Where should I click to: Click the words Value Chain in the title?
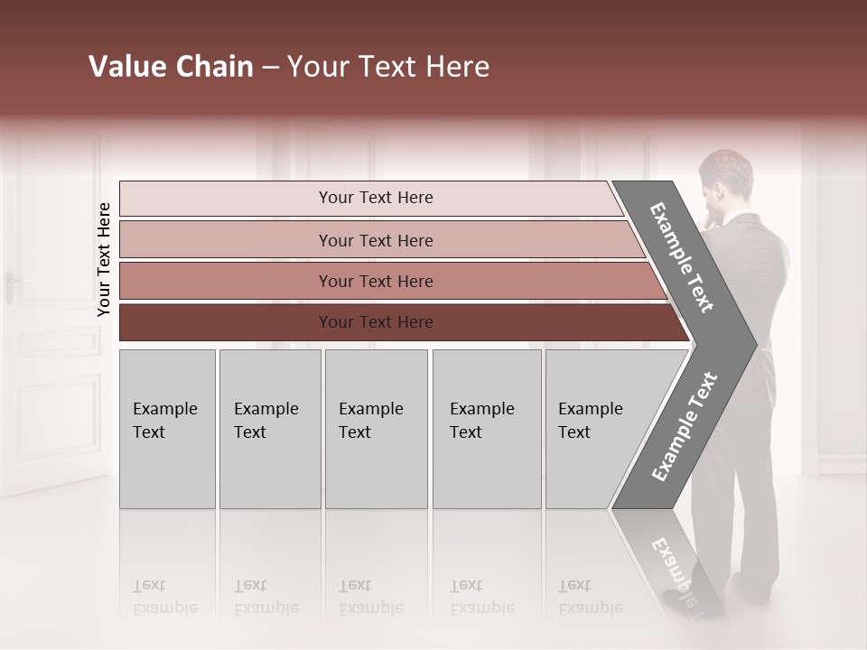[171, 67]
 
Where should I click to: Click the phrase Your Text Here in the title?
[388, 67]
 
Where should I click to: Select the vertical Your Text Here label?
[104, 259]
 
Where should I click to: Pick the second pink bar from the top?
[376, 240]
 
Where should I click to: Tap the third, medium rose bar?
[376, 281]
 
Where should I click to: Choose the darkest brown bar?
[376, 322]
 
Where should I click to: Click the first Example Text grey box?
[167, 429]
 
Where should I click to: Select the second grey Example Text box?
[269, 429]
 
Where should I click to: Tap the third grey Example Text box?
[376, 429]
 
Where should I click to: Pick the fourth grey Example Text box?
[486, 429]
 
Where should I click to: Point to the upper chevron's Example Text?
[682, 257]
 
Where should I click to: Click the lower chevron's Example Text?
[684, 427]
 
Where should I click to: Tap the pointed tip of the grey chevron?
[751, 343]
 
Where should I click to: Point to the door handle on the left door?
[12, 286]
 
